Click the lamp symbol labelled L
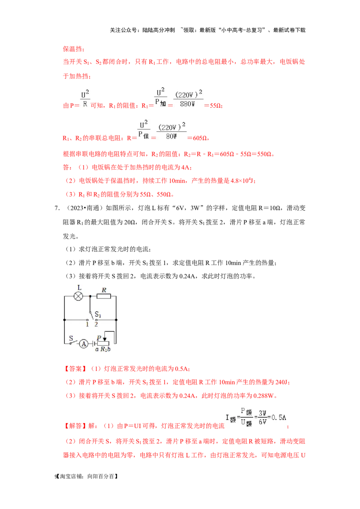click(79, 296)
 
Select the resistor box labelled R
click(104, 296)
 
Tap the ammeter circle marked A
click(83, 344)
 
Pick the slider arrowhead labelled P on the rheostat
click(104, 339)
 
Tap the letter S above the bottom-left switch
click(71, 336)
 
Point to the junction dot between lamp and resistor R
click(90, 296)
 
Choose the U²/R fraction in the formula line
click(85, 98)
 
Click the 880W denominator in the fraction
click(189, 103)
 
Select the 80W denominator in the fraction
click(171, 135)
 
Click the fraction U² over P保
click(144, 129)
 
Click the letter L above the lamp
click(79, 287)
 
